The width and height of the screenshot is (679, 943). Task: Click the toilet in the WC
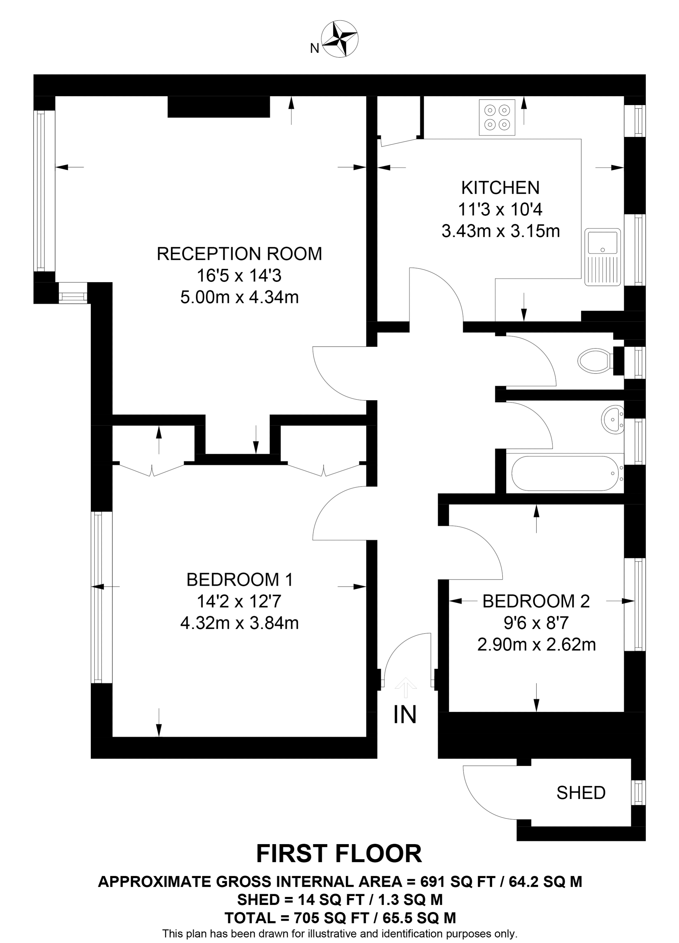(x=594, y=360)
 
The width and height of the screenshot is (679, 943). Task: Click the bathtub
(x=565, y=474)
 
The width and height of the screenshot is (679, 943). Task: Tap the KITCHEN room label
(x=500, y=188)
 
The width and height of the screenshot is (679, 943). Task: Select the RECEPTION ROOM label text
(x=239, y=254)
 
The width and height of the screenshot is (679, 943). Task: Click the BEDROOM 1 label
(x=240, y=580)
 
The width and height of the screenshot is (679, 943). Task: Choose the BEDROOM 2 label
(x=536, y=601)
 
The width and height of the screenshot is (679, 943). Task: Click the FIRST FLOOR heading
(x=339, y=854)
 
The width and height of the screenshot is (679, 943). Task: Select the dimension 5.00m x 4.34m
(x=239, y=297)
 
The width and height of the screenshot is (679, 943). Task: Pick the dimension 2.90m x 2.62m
(x=536, y=645)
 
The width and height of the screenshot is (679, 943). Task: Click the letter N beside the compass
(x=315, y=49)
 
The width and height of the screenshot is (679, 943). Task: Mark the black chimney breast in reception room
(x=219, y=107)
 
